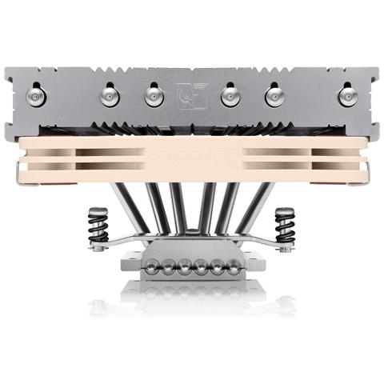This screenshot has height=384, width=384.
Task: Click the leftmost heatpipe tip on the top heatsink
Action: tap(37, 96)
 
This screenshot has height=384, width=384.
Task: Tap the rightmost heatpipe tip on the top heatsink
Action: tap(347, 96)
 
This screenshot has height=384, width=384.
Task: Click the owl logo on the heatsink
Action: tap(191, 96)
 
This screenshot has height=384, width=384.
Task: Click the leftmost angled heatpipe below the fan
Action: tap(132, 205)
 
